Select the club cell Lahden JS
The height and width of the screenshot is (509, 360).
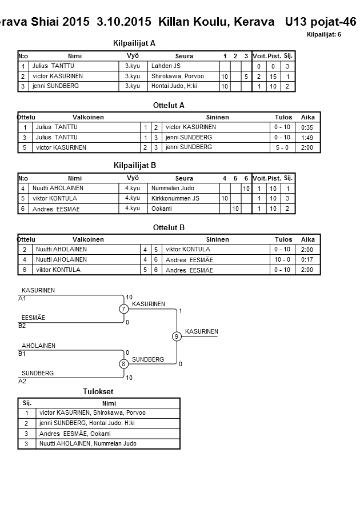click(x=166, y=66)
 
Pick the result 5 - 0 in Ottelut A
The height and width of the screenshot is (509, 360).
click(x=282, y=147)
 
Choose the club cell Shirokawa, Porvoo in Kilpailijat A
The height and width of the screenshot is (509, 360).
click(x=177, y=76)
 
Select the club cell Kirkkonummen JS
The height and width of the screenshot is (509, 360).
click(x=175, y=198)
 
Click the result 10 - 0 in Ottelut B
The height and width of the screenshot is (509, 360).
click(x=282, y=259)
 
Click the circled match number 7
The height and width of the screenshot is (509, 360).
click(x=123, y=309)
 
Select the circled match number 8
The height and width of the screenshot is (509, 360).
click(x=123, y=364)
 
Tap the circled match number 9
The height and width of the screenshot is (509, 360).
click(x=177, y=336)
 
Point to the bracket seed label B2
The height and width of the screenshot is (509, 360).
click(x=22, y=326)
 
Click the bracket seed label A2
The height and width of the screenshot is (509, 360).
click(x=22, y=381)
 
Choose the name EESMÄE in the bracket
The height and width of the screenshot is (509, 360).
click(x=33, y=318)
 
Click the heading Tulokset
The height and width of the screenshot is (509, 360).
click(x=98, y=392)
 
